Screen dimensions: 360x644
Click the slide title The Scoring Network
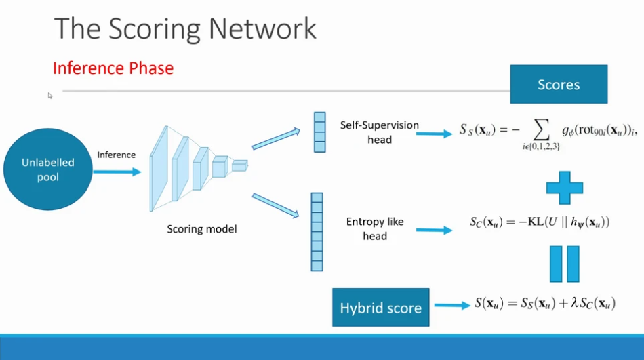click(185, 28)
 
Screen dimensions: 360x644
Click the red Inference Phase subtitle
click(113, 68)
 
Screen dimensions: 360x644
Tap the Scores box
click(559, 84)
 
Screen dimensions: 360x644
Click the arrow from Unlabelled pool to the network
click(117, 171)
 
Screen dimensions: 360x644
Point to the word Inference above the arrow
click(116, 155)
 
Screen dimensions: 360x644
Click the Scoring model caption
click(202, 229)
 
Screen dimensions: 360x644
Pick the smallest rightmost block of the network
click(240, 165)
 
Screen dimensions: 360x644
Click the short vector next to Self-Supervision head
click(319, 132)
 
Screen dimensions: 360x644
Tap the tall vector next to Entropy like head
click(317, 231)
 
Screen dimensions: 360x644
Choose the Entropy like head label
click(375, 228)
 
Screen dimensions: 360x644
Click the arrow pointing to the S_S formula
click(433, 134)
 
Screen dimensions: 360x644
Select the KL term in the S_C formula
click(527, 222)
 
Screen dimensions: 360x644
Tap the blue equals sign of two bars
click(564, 264)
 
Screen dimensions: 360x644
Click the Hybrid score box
click(381, 308)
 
